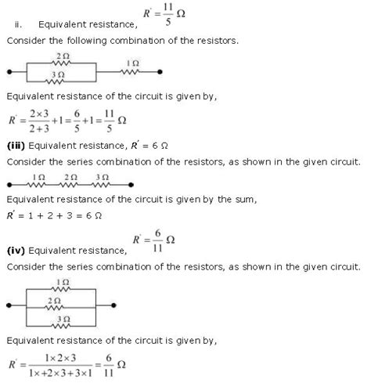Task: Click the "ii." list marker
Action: [x=10, y=22]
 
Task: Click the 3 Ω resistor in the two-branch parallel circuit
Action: [x=61, y=80]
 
